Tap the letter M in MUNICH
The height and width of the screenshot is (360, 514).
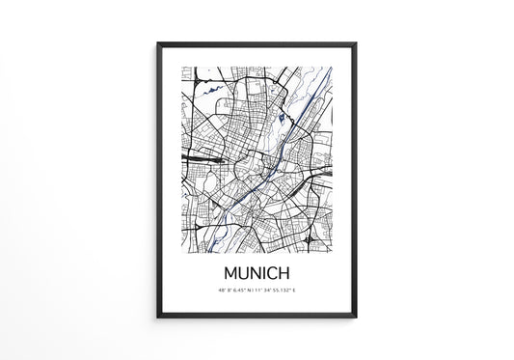pyautogui.click(x=230, y=274)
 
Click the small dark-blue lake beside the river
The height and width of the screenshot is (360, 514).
pyautogui.click(x=281, y=120)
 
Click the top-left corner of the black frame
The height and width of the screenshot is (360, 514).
pyautogui.click(x=158, y=44)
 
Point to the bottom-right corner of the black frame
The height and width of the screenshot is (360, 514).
pyautogui.click(x=356, y=318)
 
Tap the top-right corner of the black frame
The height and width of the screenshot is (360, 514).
pyautogui.click(x=356, y=44)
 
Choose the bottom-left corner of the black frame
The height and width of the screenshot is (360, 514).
pyautogui.click(x=158, y=318)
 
